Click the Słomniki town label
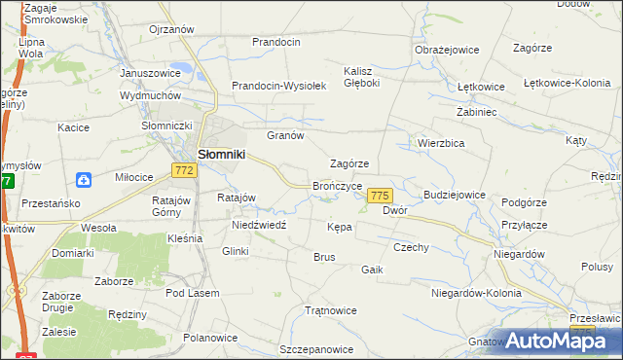click(222, 154)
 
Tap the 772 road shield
click(185, 170)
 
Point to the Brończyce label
click(338, 185)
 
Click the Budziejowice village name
click(453, 195)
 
